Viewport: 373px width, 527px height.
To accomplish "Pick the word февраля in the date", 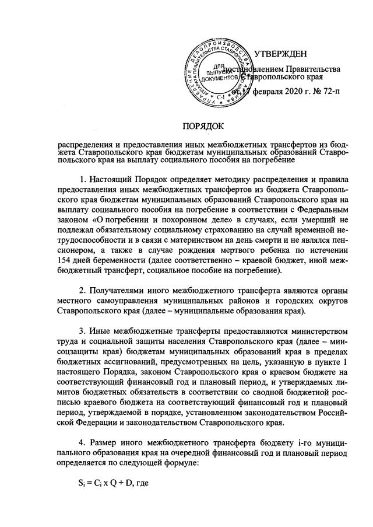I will tap(257, 92).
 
